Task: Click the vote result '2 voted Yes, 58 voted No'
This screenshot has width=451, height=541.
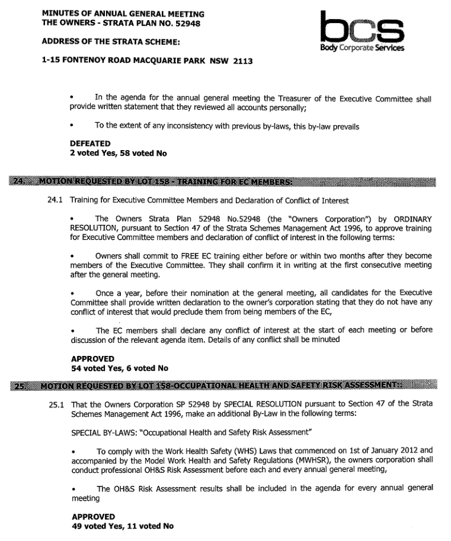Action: coord(118,153)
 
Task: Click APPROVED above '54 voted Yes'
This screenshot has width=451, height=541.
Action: coord(92,359)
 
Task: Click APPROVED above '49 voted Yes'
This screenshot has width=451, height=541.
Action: coord(92,516)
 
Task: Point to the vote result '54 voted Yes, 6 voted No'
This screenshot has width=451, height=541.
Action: coord(119,368)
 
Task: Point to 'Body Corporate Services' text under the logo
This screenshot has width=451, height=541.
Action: coord(361,47)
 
